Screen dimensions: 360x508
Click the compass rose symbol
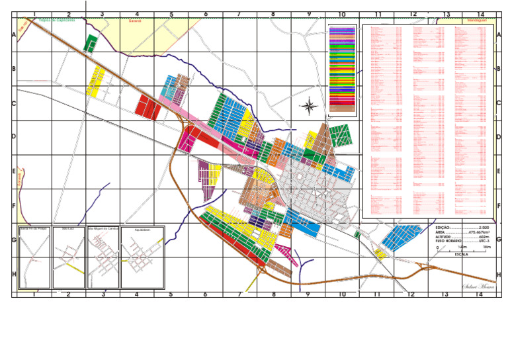point(309,105)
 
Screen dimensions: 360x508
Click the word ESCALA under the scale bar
point(460,253)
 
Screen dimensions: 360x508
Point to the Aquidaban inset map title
point(142,230)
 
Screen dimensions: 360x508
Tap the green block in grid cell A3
point(91,44)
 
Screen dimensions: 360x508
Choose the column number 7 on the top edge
point(239,14)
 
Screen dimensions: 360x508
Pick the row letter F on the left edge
point(14,206)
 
